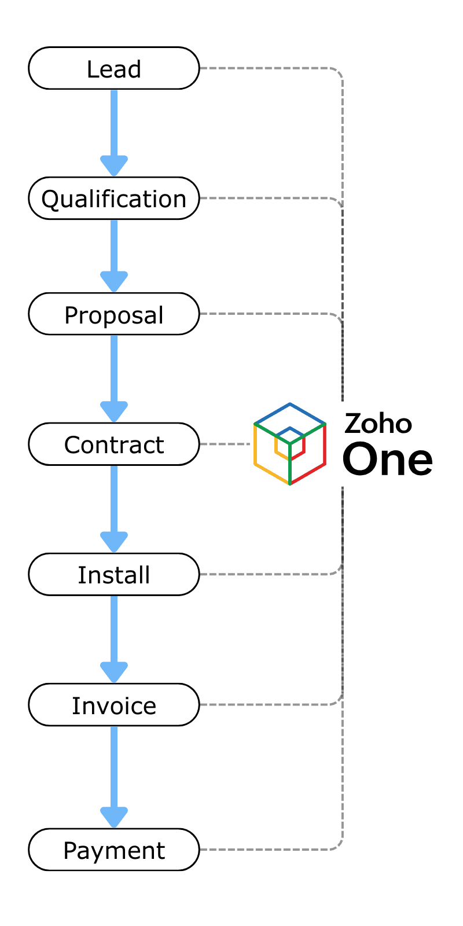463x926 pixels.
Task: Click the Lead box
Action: (114, 68)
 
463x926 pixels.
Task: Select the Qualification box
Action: (114, 199)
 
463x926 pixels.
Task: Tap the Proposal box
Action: (114, 314)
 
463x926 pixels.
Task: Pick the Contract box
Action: (114, 444)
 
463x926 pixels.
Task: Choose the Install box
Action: (114, 574)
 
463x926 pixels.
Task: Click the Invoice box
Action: (114, 704)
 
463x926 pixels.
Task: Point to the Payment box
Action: (114, 850)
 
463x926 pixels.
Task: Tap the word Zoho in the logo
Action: (378, 424)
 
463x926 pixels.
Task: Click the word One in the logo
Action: (387, 460)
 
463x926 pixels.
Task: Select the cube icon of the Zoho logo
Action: (290, 444)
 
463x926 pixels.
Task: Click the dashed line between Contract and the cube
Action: (226, 444)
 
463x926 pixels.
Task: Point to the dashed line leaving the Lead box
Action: (266, 68)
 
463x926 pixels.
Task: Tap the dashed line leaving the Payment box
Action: (266, 850)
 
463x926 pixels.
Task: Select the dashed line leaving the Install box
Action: (266, 574)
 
